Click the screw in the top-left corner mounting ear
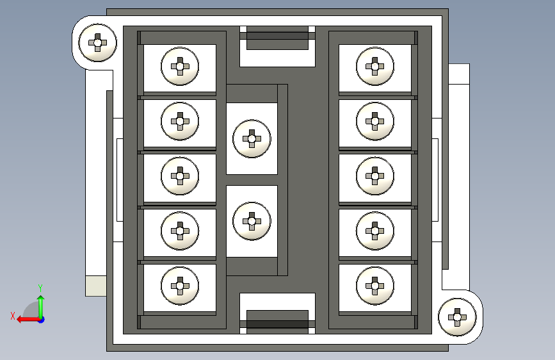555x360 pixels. coord(97,43)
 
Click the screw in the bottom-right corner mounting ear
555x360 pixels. coord(457,316)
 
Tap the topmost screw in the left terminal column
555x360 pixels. coord(181,65)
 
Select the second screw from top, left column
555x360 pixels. coord(181,120)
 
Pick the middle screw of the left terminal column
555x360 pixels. coord(181,175)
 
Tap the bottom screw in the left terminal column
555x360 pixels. coord(181,284)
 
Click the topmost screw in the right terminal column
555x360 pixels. coord(375,65)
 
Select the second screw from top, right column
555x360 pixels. coord(375,120)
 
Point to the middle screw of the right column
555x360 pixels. coord(375,175)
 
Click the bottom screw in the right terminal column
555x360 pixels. coord(375,284)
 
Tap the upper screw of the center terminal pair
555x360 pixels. coord(252,138)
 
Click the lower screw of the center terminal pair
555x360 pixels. coord(252,221)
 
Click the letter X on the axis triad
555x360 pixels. coord(12,315)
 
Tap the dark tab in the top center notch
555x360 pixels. coord(277,39)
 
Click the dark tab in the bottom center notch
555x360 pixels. coord(277,320)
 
